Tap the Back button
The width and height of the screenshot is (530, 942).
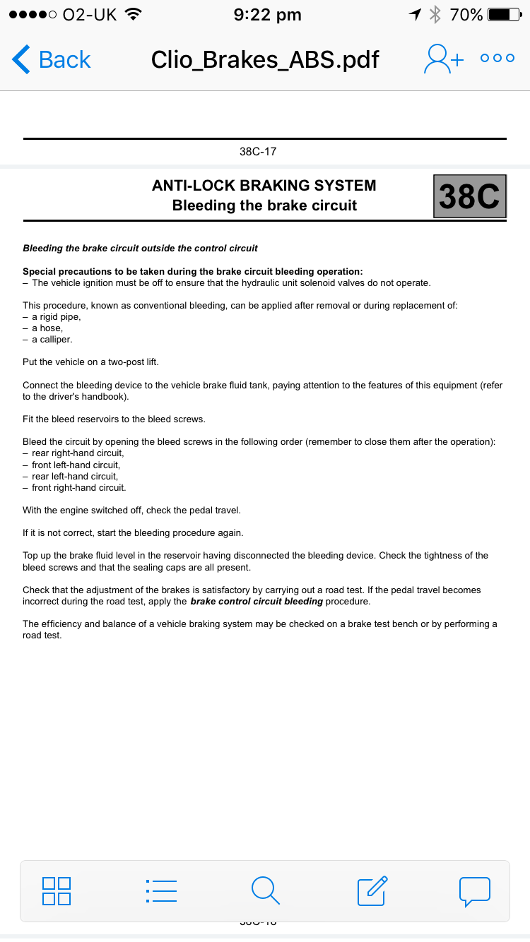point(52,59)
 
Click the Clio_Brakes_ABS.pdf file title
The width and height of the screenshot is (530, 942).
point(265,59)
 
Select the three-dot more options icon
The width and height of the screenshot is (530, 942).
point(497,59)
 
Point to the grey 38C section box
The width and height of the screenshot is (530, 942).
point(469,196)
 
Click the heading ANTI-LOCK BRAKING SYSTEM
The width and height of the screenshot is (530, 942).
point(264,186)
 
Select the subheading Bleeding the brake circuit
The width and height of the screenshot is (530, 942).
point(264,205)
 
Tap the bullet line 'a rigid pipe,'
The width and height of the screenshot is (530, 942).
point(56,317)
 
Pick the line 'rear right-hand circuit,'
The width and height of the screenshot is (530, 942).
point(78,453)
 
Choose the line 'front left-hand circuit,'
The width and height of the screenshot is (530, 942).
point(76,465)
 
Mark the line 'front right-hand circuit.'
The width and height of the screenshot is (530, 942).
point(78,487)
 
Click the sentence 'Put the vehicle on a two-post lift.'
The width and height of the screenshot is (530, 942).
point(90,362)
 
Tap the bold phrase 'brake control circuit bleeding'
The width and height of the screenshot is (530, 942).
point(257,602)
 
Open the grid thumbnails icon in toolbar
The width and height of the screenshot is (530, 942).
point(57,891)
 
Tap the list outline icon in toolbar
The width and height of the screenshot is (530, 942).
point(161,891)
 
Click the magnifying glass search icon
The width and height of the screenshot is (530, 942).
point(265,890)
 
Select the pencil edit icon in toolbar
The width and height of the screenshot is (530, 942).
point(372,890)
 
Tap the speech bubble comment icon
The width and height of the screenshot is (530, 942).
point(475,891)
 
